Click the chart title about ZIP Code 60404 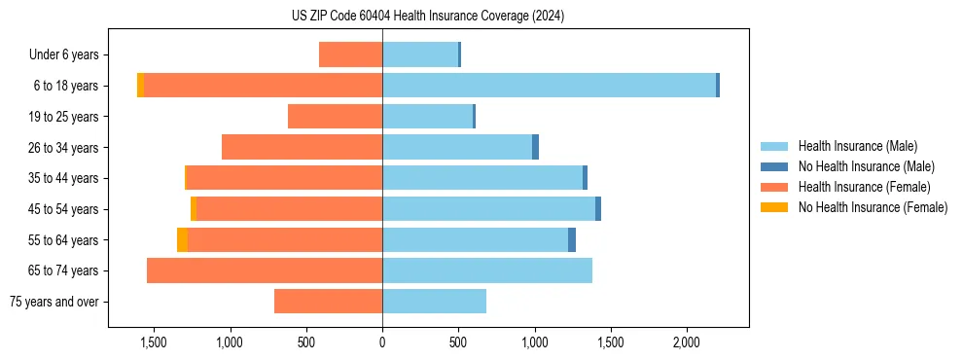427,17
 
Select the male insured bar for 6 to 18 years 549,86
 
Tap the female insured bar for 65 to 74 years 265,270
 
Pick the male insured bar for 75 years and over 434,302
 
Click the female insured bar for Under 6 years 350,54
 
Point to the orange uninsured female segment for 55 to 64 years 182,239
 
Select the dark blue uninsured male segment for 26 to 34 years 535,147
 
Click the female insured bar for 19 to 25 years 335,117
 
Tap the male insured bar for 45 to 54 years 488,209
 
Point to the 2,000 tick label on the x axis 686,342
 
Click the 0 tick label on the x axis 382,342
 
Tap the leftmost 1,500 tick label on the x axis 154,342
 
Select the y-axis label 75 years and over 54,302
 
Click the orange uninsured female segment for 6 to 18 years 140,86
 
